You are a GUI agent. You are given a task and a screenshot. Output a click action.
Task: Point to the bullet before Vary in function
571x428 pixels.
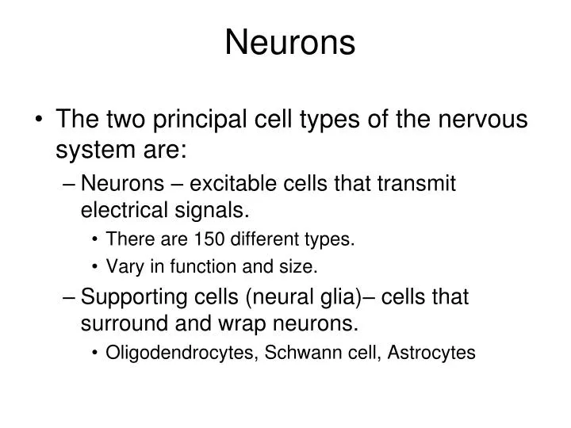point(95,268)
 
